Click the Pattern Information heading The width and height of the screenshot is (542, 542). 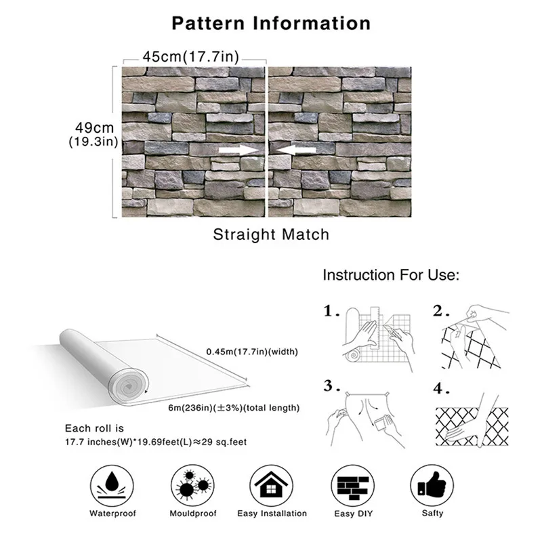click(x=271, y=22)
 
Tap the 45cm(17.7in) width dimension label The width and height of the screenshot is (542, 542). click(x=190, y=57)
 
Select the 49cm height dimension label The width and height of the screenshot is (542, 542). click(x=94, y=127)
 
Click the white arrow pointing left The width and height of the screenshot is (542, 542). click(x=295, y=149)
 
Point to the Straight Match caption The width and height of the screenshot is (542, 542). click(x=271, y=234)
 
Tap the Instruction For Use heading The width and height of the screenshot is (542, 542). click(x=391, y=276)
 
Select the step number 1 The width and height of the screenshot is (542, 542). click(x=331, y=312)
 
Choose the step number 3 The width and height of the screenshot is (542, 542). click(x=331, y=386)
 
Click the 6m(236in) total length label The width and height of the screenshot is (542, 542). click(x=234, y=408)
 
